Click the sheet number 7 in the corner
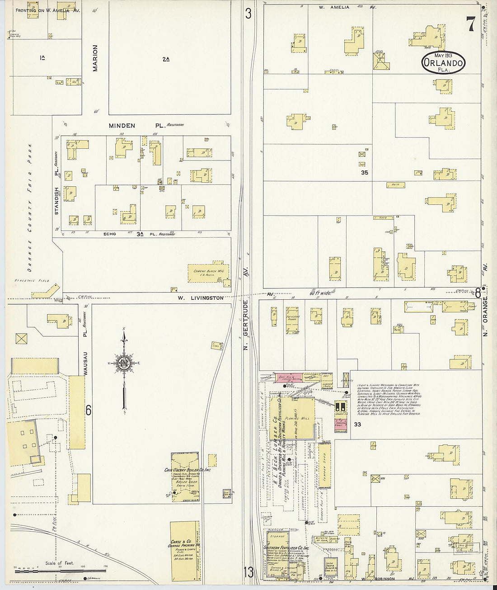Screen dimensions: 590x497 coord(470,24)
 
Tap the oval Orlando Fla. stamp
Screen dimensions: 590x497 coord(443,62)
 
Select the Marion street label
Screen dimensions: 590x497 coord(95,58)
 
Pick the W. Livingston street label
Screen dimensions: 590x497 coord(200,298)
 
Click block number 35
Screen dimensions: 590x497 coord(365,172)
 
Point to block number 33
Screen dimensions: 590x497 coord(357,425)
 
